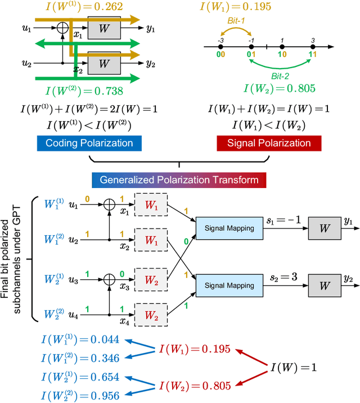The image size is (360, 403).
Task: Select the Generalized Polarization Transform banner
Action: pos(179,180)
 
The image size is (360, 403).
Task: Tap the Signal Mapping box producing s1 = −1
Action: pos(222,228)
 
